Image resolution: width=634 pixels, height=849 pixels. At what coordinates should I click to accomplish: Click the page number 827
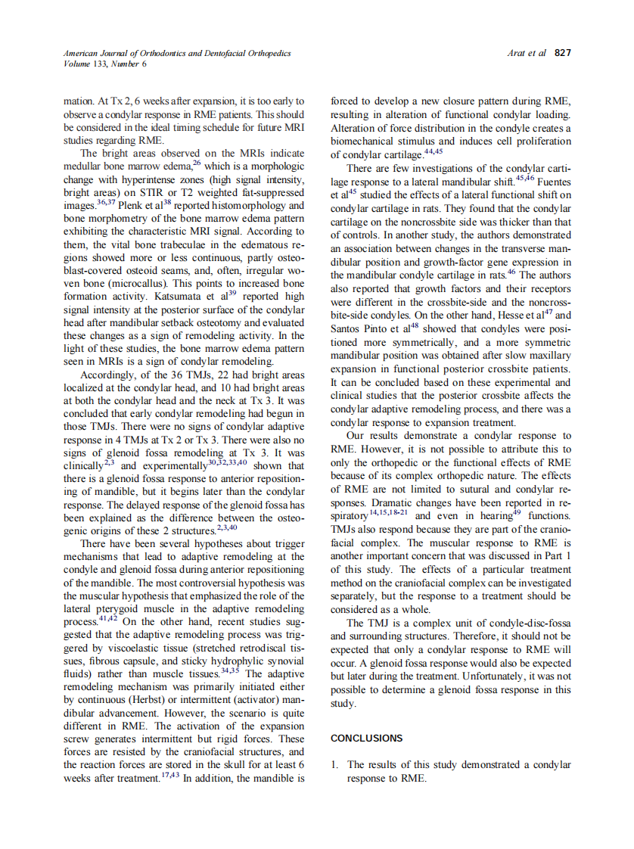(x=562, y=53)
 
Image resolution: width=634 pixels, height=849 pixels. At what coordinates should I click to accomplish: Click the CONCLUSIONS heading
(x=367, y=738)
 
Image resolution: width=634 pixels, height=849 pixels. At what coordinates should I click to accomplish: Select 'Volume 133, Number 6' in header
(x=105, y=64)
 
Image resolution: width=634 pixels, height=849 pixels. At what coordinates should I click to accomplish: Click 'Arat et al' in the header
(x=527, y=53)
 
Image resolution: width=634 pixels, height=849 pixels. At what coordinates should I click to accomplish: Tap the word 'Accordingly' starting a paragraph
(x=107, y=374)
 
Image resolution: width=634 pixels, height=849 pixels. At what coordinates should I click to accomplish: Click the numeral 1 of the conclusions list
(x=334, y=765)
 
